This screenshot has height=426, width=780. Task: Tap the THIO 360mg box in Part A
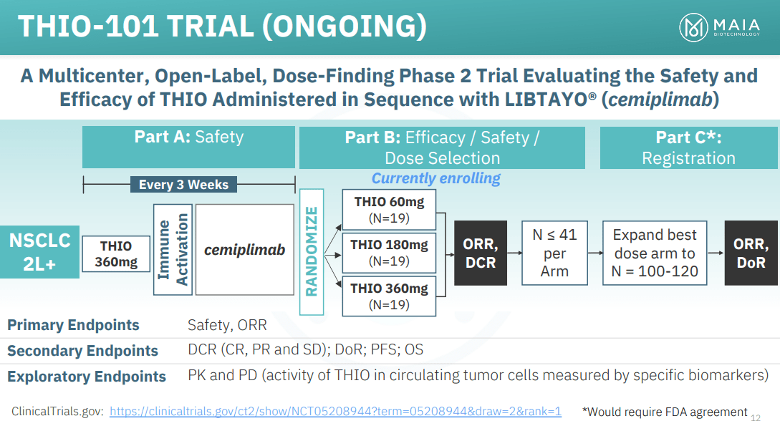[x=116, y=254]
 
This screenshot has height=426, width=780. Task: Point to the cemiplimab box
[x=244, y=249]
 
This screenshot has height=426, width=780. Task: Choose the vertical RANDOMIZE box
[x=312, y=251]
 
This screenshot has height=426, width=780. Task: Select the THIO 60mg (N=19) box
[x=388, y=210]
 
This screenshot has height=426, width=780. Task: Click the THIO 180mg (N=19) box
[x=388, y=253]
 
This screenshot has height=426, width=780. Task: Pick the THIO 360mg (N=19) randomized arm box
[x=388, y=296]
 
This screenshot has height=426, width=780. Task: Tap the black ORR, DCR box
[x=480, y=253]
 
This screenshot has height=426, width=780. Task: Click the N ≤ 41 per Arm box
[x=554, y=253]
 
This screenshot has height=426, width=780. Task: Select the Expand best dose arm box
[x=654, y=253]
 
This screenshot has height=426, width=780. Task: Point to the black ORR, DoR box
[x=751, y=253]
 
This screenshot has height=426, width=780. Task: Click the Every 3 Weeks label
[x=183, y=185]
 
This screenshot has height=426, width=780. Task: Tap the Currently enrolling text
[x=435, y=178]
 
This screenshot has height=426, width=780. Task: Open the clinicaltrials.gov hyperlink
[x=335, y=412]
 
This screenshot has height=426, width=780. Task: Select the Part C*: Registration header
[x=688, y=147]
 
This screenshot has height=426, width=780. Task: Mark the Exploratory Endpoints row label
[x=87, y=377]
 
